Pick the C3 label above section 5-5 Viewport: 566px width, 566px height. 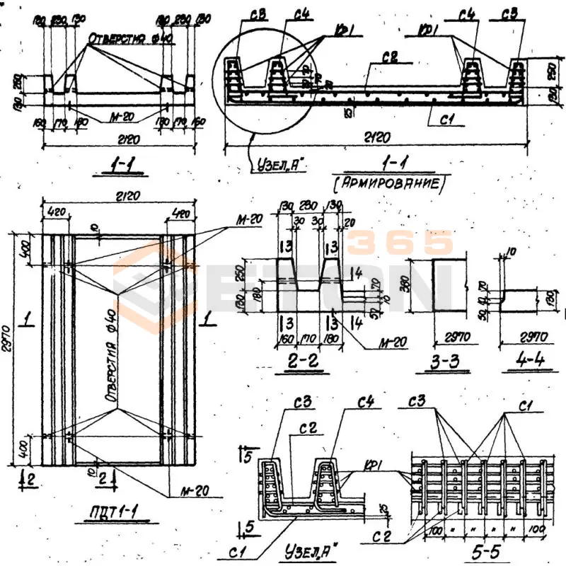click(417, 404)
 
